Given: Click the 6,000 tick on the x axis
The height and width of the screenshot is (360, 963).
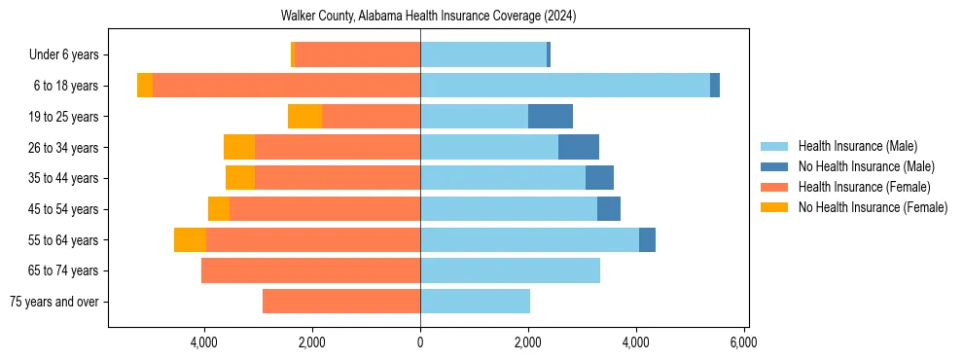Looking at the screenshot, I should (743, 342).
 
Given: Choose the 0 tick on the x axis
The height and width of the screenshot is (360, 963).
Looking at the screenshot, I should (420, 342).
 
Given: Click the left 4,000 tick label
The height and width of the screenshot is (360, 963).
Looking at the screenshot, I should (204, 342).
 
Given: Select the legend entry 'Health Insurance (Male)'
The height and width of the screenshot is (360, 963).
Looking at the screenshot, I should (857, 146).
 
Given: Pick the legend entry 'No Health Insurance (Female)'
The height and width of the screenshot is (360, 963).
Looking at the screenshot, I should (873, 207).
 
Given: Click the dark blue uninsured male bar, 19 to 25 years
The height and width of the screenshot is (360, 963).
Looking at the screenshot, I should (551, 117).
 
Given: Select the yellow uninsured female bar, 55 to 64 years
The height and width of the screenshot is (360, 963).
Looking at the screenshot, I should (190, 239).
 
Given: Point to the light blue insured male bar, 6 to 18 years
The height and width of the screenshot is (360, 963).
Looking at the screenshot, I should (565, 86).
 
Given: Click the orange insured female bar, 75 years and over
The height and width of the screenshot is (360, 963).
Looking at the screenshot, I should (341, 302).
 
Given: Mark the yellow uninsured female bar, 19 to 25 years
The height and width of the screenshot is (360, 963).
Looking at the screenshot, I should (304, 117).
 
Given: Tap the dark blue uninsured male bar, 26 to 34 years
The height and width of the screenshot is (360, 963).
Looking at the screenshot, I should (579, 147).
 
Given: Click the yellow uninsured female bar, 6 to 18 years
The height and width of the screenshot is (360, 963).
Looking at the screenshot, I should (145, 86).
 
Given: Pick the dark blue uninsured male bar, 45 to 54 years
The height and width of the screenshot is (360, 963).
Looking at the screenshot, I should (609, 209).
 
